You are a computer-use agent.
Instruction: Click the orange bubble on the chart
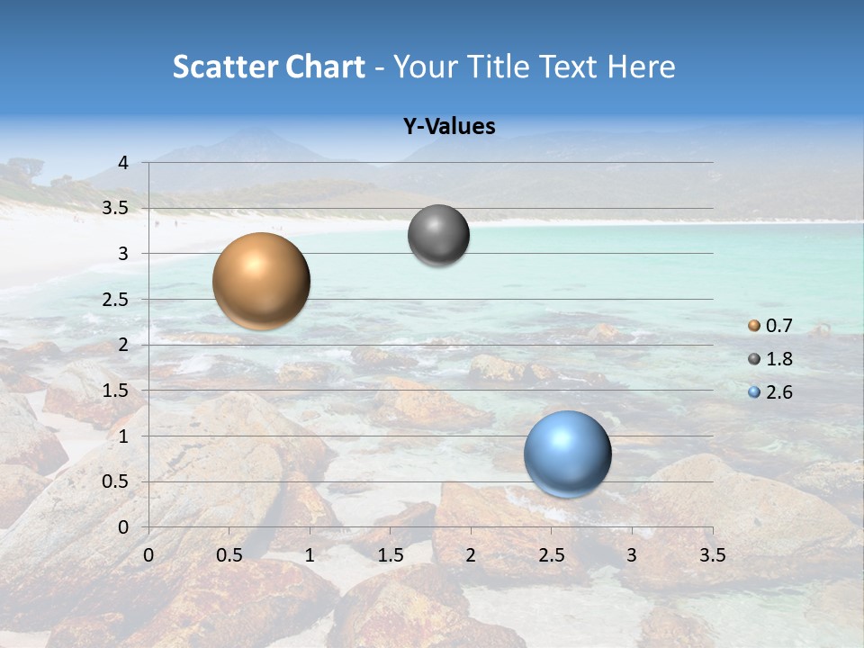(262, 281)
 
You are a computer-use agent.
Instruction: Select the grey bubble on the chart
(438, 235)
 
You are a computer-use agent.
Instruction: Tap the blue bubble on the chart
(567, 454)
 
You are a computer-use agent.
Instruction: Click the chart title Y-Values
(449, 127)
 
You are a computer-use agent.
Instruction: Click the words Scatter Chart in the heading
(268, 67)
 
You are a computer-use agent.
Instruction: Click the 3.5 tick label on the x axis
(712, 555)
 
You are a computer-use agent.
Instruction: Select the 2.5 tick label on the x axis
(551, 555)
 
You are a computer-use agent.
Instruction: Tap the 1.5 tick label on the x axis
(390, 555)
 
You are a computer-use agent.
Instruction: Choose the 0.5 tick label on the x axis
(229, 555)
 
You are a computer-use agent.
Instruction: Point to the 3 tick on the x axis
(632, 555)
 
